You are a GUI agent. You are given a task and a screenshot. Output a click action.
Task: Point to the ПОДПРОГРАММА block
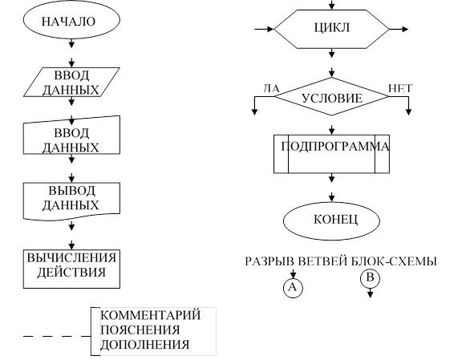332,154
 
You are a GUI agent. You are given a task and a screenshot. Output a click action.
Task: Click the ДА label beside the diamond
272,88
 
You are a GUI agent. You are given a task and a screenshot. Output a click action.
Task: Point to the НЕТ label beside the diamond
400,88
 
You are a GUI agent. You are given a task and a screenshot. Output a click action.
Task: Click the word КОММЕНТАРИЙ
151,315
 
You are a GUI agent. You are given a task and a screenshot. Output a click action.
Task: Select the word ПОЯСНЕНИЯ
140,330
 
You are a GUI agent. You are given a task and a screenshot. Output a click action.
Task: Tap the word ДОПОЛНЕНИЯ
145,345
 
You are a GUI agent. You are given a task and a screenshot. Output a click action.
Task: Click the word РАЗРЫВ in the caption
269,261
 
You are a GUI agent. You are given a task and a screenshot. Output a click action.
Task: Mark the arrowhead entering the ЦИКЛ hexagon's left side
270,29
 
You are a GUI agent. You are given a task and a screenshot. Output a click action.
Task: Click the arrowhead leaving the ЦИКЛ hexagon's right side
405,29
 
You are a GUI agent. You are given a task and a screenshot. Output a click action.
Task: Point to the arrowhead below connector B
370,294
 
